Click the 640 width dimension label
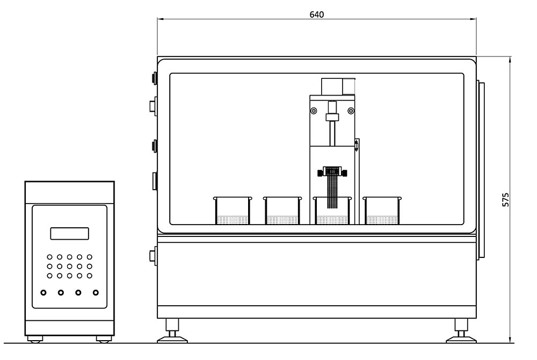(317, 15)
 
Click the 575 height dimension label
(505, 199)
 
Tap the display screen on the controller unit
(69, 234)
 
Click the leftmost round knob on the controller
(43, 293)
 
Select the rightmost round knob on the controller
(96, 293)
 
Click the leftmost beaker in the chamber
(233, 210)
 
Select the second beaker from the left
(282, 210)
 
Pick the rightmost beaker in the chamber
(382, 210)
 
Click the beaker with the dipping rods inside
(332, 211)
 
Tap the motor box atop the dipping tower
(338, 87)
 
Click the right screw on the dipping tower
(351, 111)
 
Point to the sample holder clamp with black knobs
(332, 172)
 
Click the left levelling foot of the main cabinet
(172, 330)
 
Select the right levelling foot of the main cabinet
(461, 330)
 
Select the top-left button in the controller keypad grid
(50, 257)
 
